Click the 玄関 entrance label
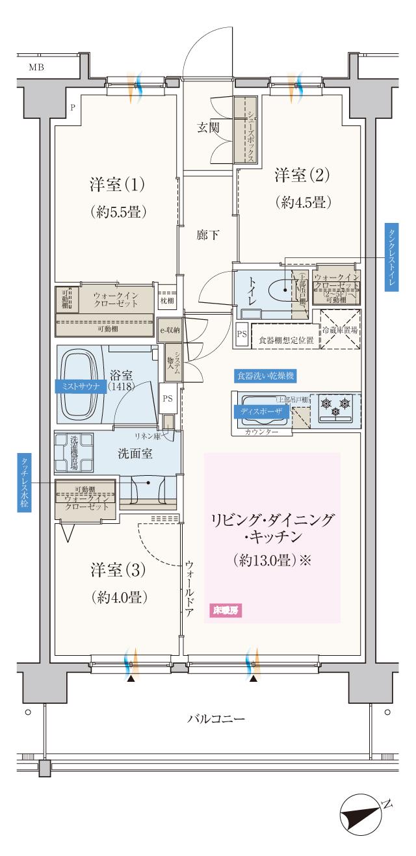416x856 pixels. tap(207, 128)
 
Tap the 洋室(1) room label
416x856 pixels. tap(116, 185)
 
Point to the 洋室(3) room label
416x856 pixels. tap(118, 569)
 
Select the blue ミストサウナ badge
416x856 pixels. tap(77, 385)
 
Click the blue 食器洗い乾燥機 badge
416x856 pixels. tap(265, 376)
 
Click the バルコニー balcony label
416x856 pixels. tap(216, 720)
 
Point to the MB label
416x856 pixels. tap(35, 67)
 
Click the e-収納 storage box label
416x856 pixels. tap(170, 330)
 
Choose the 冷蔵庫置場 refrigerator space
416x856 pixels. tap(337, 330)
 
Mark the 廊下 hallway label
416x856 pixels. tap(207, 235)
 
